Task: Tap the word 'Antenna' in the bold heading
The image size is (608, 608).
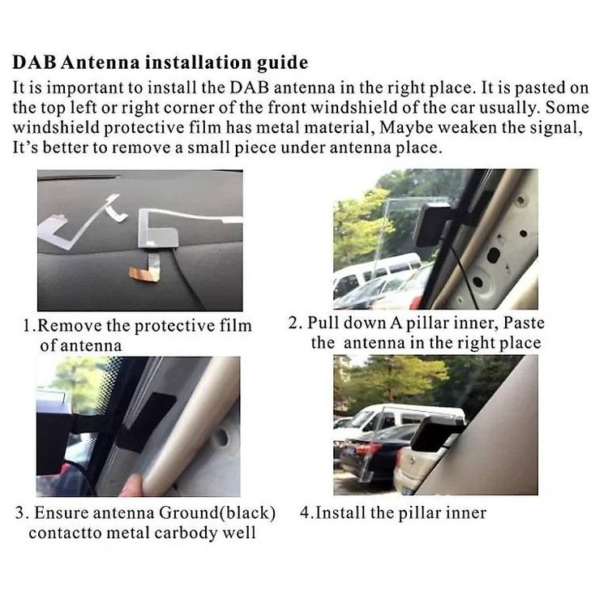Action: (x=100, y=62)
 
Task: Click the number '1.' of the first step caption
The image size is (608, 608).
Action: (x=29, y=326)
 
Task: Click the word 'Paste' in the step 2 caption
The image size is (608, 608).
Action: (x=524, y=323)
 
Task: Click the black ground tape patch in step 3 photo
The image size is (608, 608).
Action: (x=148, y=422)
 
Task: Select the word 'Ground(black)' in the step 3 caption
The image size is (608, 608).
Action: (x=217, y=513)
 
